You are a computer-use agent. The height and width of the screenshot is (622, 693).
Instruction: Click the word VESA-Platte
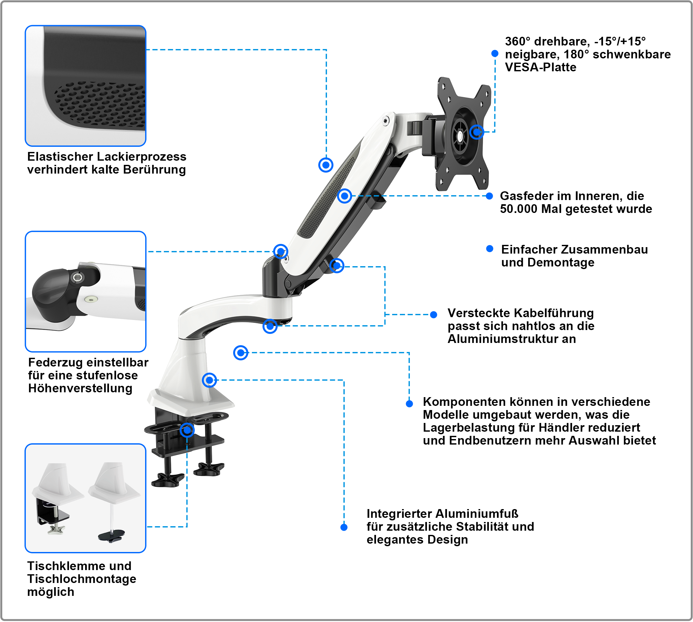[540, 67]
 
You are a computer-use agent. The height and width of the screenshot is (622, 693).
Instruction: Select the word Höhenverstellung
[80, 388]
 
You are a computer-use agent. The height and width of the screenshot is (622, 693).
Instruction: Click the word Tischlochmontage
[82, 579]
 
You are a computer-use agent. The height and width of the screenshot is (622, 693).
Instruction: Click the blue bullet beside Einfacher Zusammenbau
[490, 249]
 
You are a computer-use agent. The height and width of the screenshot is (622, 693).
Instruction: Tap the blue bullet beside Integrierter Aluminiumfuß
[344, 527]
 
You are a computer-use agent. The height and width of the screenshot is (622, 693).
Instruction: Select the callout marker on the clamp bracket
[187, 430]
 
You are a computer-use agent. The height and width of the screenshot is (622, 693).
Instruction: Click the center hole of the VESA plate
[460, 136]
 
